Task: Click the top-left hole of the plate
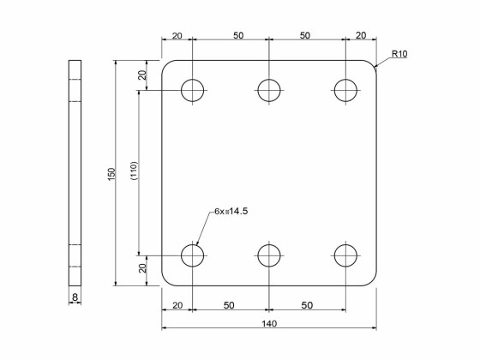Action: pyautogui.click(x=193, y=90)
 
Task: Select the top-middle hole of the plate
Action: pyautogui.click(x=269, y=90)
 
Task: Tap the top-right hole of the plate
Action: pyautogui.click(x=345, y=90)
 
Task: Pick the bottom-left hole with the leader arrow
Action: pyautogui.click(x=193, y=255)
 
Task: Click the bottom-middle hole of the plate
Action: pyautogui.click(x=269, y=255)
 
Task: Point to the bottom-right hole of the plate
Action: pyautogui.click(x=345, y=255)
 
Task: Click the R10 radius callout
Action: pyautogui.click(x=399, y=54)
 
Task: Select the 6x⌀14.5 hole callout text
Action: pyautogui.click(x=237, y=210)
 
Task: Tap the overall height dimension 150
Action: pyautogui.click(x=111, y=173)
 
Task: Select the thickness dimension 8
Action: pyautogui.click(x=75, y=297)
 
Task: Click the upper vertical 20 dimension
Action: pyautogui.click(x=143, y=75)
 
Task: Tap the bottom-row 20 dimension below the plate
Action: pyautogui.click(x=177, y=305)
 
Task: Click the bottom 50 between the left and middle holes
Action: pyautogui.click(x=231, y=305)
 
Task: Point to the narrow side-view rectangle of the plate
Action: pyautogui.click(x=75, y=171)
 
